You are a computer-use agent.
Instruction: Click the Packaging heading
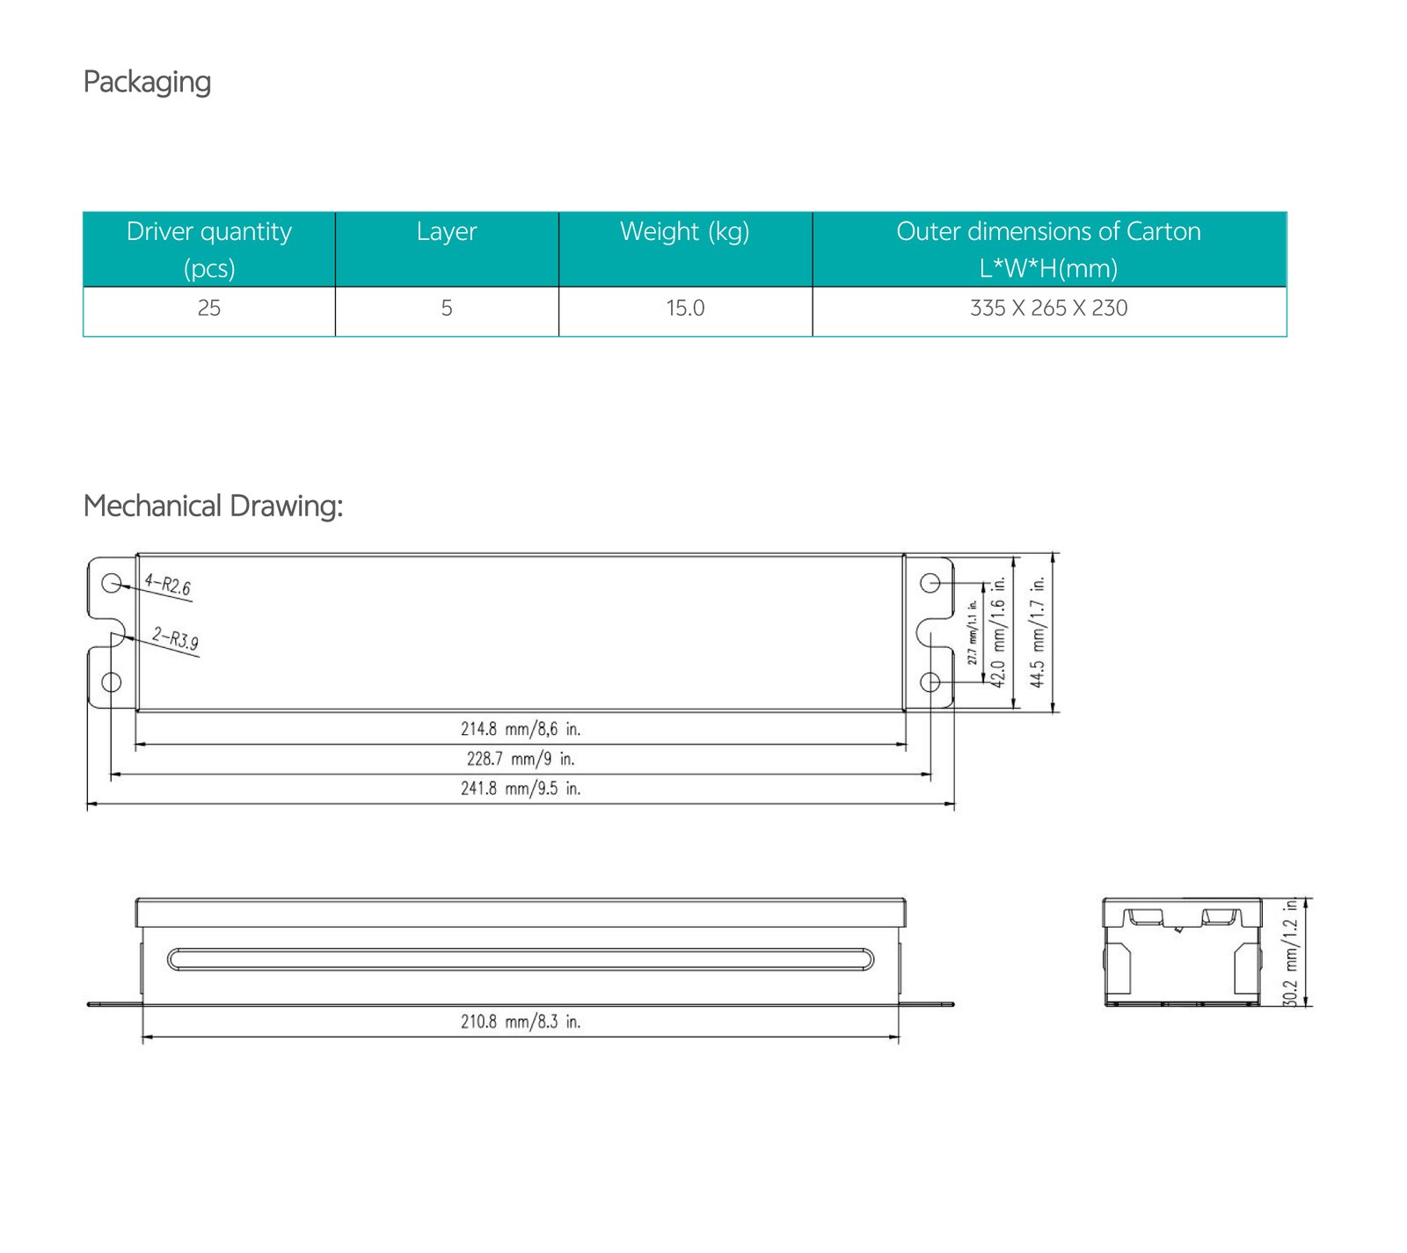click(147, 82)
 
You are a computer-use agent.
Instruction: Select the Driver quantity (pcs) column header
click(209, 249)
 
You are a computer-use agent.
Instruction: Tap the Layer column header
click(447, 231)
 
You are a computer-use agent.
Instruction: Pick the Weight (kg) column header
click(685, 231)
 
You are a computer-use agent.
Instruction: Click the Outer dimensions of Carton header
click(1048, 249)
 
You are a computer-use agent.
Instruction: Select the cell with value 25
click(209, 308)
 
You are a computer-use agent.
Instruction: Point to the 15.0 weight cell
click(685, 308)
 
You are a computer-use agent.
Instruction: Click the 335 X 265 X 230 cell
click(1048, 308)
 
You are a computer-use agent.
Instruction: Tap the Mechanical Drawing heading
click(213, 506)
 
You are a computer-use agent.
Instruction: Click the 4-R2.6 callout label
click(168, 585)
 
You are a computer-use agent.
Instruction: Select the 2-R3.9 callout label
click(175, 637)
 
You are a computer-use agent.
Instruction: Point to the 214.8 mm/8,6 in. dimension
click(521, 729)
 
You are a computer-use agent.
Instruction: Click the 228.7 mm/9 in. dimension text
click(521, 759)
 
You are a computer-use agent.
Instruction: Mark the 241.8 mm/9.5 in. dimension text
click(521, 789)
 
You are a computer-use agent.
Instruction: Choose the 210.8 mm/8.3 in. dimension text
click(521, 1022)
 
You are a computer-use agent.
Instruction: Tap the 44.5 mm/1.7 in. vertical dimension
click(1038, 632)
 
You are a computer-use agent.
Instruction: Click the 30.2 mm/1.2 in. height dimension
click(1290, 952)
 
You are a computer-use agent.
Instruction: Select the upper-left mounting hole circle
click(112, 583)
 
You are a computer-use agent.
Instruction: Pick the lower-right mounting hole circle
click(929, 682)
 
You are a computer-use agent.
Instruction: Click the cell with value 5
click(447, 308)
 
